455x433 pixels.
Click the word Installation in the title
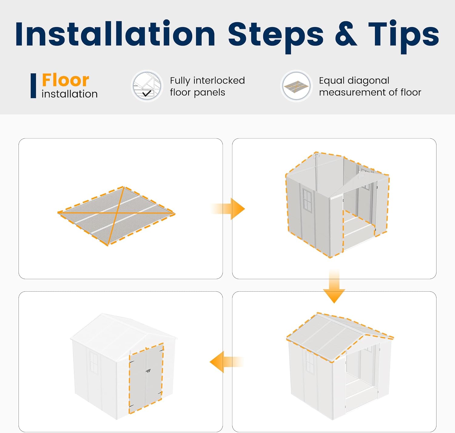click(115, 34)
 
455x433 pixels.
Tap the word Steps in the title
click(276, 37)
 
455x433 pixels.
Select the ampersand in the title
click(346, 34)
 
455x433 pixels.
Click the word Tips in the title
click(403, 37)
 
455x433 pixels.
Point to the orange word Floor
click(66, 80)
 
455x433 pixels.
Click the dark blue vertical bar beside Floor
click(33, 86)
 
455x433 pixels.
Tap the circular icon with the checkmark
click(147, 86)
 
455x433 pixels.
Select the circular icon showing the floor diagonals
click(296, 86)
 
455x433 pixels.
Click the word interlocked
click(219, 81)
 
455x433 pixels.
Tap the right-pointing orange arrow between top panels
click(228, 209)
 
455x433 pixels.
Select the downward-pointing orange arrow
click(334, 286)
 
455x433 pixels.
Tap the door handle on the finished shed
click(149, 371)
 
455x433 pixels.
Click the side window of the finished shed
click(94, 362)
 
